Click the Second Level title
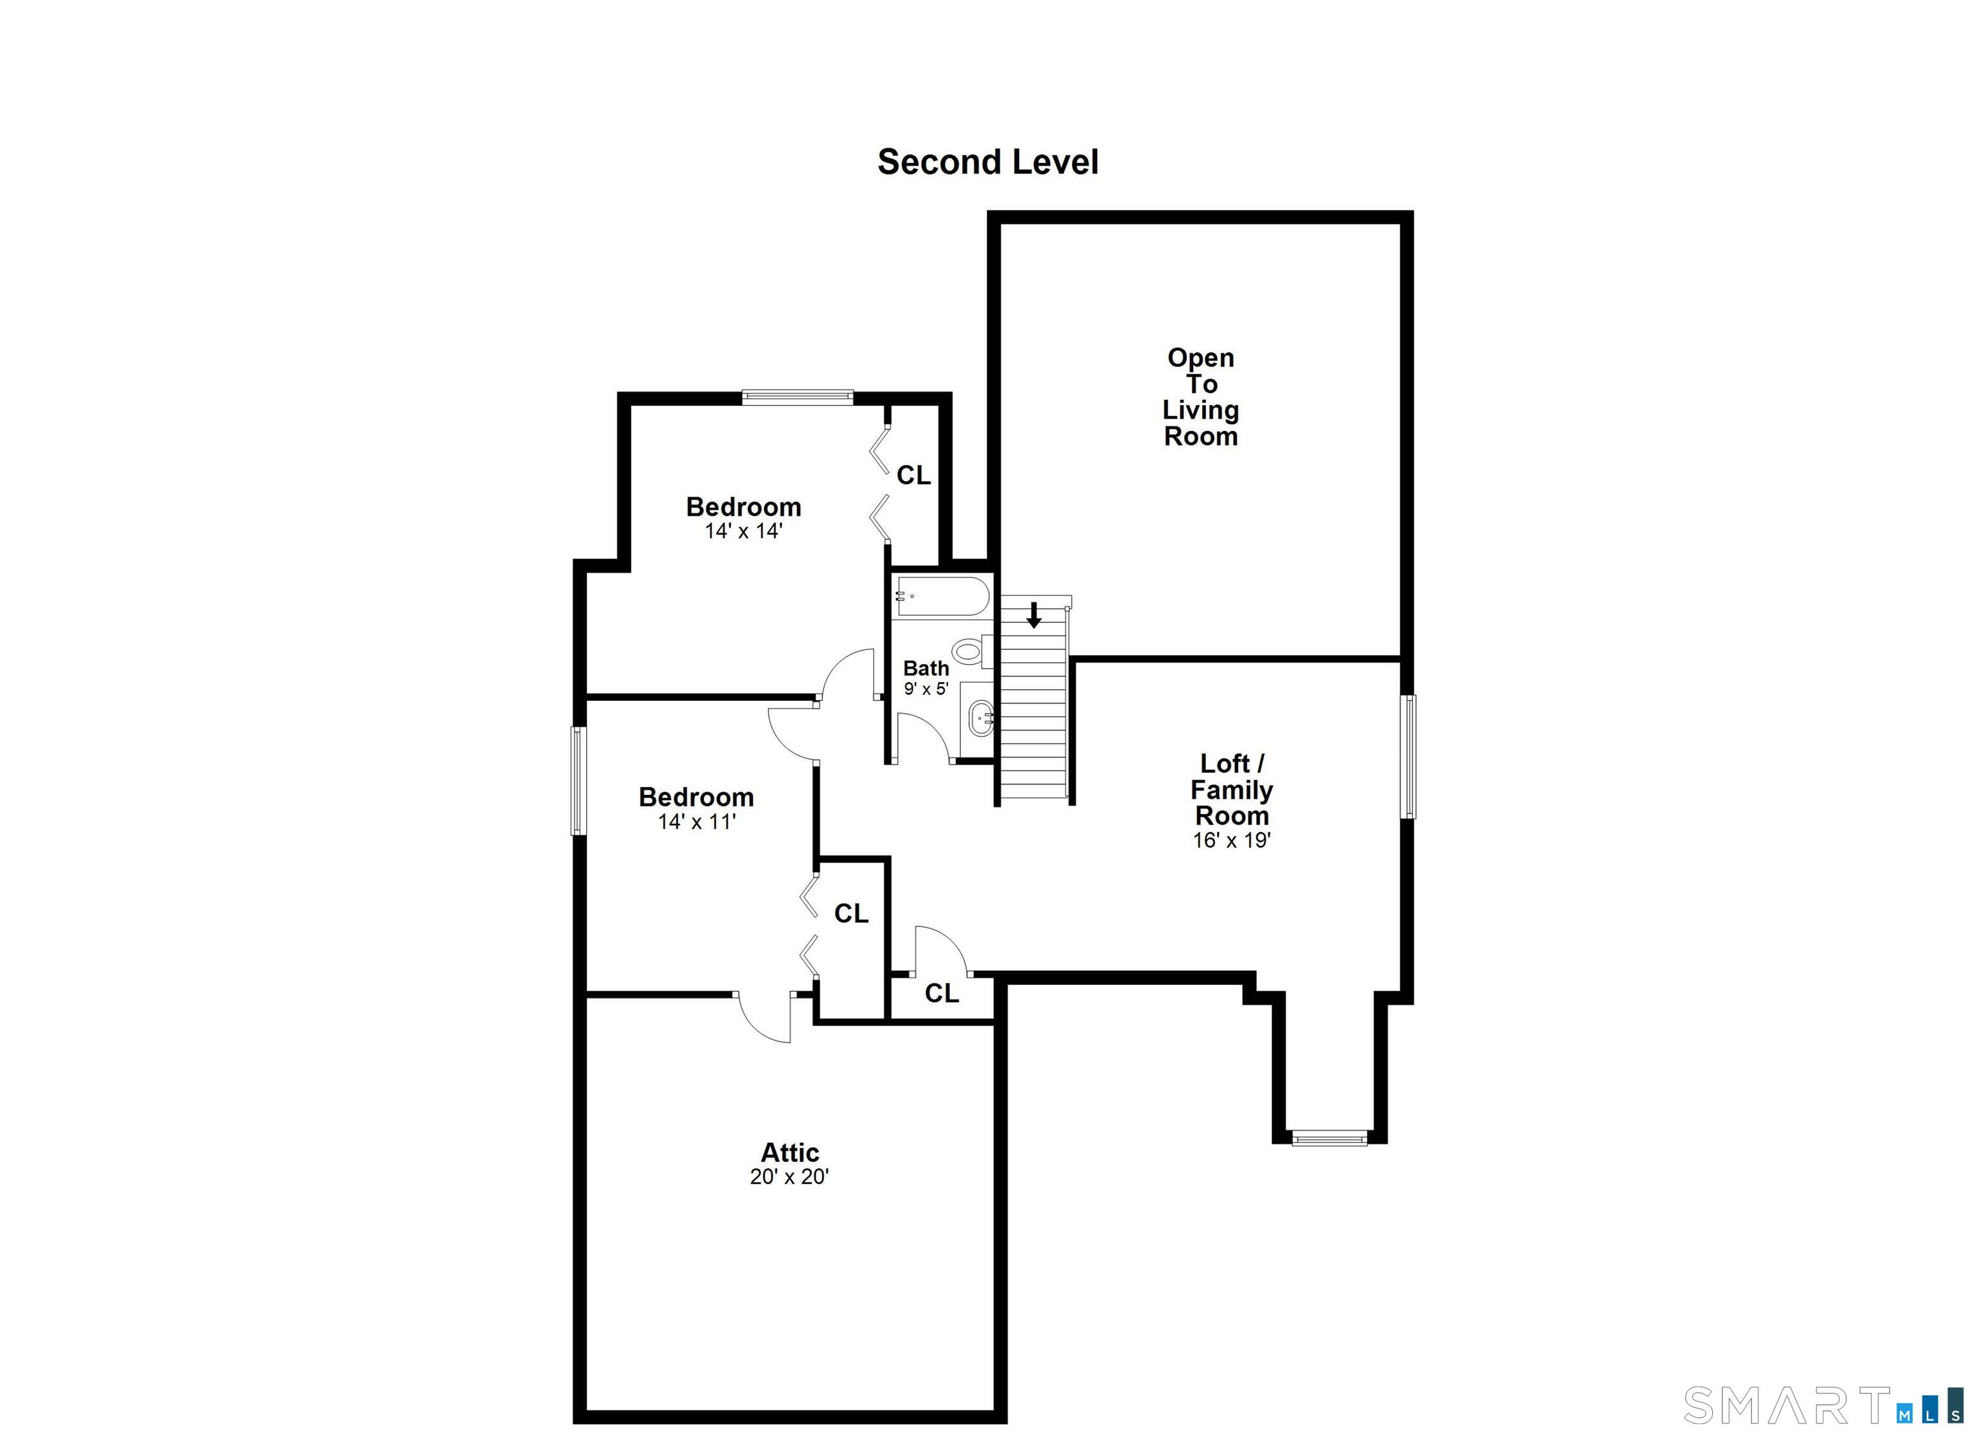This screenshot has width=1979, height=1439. (987, 162)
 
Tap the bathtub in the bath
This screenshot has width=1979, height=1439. (942, 597)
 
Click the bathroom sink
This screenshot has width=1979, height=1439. (980, 718)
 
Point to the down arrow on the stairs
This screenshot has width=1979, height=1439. (1034, 615)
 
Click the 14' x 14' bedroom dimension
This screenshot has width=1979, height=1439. (743, 531)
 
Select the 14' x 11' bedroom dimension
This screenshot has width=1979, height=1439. (696, 821)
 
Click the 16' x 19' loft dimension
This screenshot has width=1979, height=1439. (1231, 841)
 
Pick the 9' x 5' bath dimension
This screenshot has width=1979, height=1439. (925, 689)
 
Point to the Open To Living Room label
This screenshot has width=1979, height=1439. (1201, 397)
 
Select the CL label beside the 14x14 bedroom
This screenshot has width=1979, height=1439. (913, 475)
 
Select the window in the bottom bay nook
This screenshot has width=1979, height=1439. (1328, 1138)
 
